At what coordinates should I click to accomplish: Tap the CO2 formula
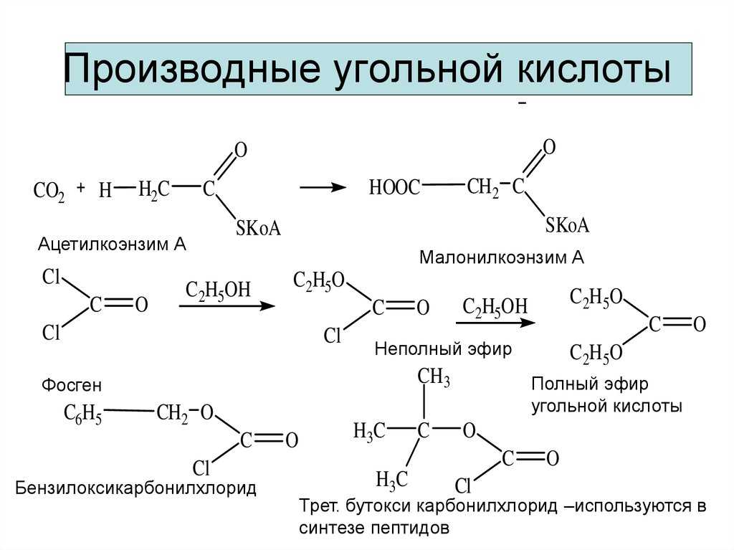point(49,192)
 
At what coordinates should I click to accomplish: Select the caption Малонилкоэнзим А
point(502,257)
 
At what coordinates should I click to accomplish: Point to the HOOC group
point(394,188)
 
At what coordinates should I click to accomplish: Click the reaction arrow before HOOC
point(322,187)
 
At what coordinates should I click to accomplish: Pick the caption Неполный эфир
point(443,351)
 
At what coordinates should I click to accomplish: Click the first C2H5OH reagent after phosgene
point(219,291)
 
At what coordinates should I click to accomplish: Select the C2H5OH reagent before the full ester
point(495,306)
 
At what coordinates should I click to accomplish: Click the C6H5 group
point(83,414)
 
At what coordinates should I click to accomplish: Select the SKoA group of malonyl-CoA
point(567,225)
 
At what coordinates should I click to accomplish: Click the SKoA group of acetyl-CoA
point(258,229)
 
